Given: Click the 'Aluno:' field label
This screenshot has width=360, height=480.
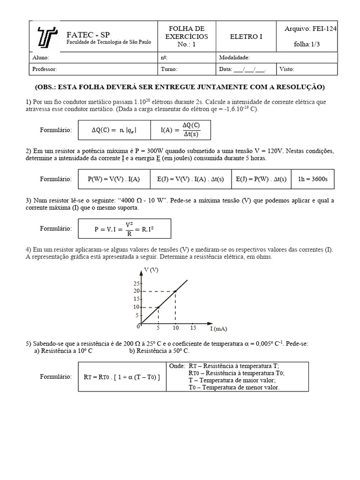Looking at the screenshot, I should [x=40, y=58].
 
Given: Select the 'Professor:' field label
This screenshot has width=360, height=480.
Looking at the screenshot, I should [x=45, y=69].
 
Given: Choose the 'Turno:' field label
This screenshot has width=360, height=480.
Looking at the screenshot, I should [x=169, y=69].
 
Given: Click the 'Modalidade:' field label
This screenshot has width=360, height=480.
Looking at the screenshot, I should [x=234, y=58].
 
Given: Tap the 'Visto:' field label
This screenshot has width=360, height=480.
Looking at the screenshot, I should [x=287, y=69].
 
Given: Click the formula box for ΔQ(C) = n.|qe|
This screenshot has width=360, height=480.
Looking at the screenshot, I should [x=114, y=130].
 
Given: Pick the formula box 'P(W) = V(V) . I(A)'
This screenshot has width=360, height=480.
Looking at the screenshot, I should [x=113, y=179].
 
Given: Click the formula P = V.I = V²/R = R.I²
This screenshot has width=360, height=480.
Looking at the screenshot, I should [x=125, y=229].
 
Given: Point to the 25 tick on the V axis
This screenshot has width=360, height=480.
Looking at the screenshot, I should [x=136, y=284].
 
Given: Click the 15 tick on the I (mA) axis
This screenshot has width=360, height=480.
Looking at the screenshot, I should [x=193, y=328].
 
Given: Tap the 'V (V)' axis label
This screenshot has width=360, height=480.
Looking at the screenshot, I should [x=151, y=270].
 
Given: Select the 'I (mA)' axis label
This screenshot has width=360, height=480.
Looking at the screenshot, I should [x=218, y=329].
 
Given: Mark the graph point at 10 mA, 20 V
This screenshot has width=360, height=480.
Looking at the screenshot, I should [x=175, y=291].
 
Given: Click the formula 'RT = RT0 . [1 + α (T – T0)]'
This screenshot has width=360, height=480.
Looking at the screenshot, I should [x=121, y=377].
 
